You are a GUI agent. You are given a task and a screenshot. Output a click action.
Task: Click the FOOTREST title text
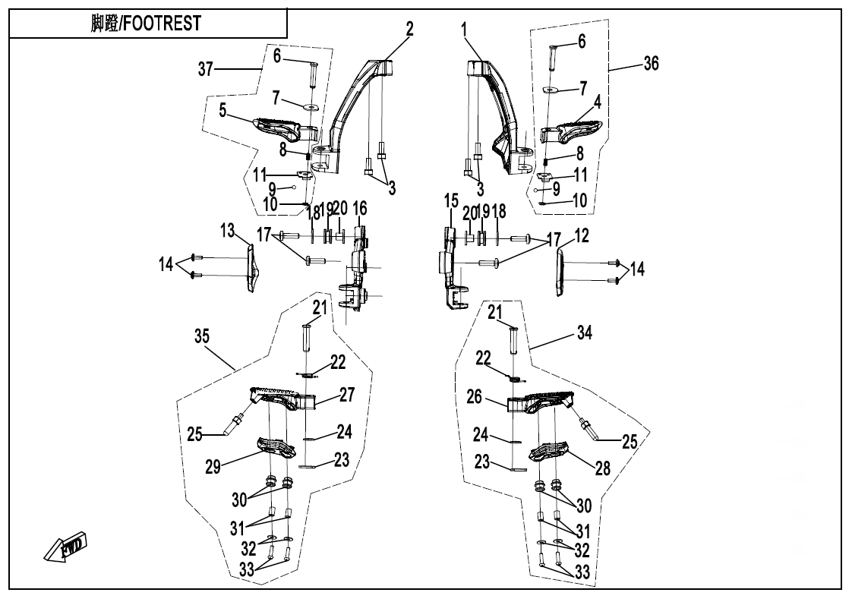tap(146, 24)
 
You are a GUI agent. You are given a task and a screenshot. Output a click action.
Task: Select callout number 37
tap(205, 69)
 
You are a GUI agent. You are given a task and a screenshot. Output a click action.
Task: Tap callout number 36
tap(650, 64)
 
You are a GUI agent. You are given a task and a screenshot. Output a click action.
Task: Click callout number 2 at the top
tap(409, 30)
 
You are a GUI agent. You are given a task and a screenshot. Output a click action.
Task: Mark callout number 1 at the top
tap(465, 30)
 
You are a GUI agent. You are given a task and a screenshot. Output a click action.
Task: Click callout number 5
tap(222, 110)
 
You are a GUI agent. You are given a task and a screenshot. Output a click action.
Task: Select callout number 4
tap(597, 101)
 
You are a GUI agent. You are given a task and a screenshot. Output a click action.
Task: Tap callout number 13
tap(227, 230)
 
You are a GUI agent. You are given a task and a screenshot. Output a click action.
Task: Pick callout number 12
tap(581, 236)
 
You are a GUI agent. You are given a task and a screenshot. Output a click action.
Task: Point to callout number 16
tap(359, 209)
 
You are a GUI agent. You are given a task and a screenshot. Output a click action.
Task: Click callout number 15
tap(451, 201)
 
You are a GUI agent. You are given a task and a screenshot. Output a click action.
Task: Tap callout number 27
tap(346, 394)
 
